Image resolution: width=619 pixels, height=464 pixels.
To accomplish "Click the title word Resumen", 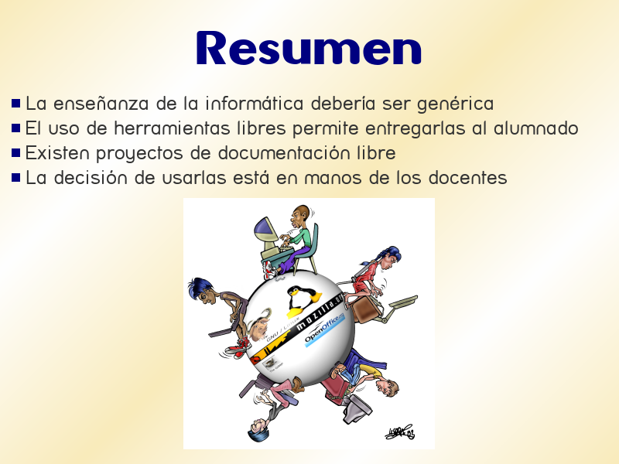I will (309, 48).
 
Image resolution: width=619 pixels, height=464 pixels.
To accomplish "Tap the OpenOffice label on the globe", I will (323, 335).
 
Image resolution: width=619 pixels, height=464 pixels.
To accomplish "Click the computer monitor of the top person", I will (267, 231).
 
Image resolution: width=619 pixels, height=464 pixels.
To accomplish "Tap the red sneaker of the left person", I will (242, 342).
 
